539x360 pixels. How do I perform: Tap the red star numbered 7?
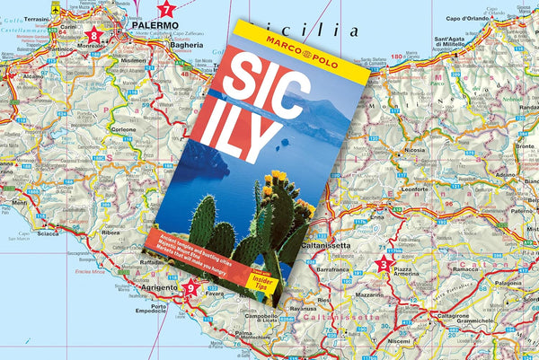165,11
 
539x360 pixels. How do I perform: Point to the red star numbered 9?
190,289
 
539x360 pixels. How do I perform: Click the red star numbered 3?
384,263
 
